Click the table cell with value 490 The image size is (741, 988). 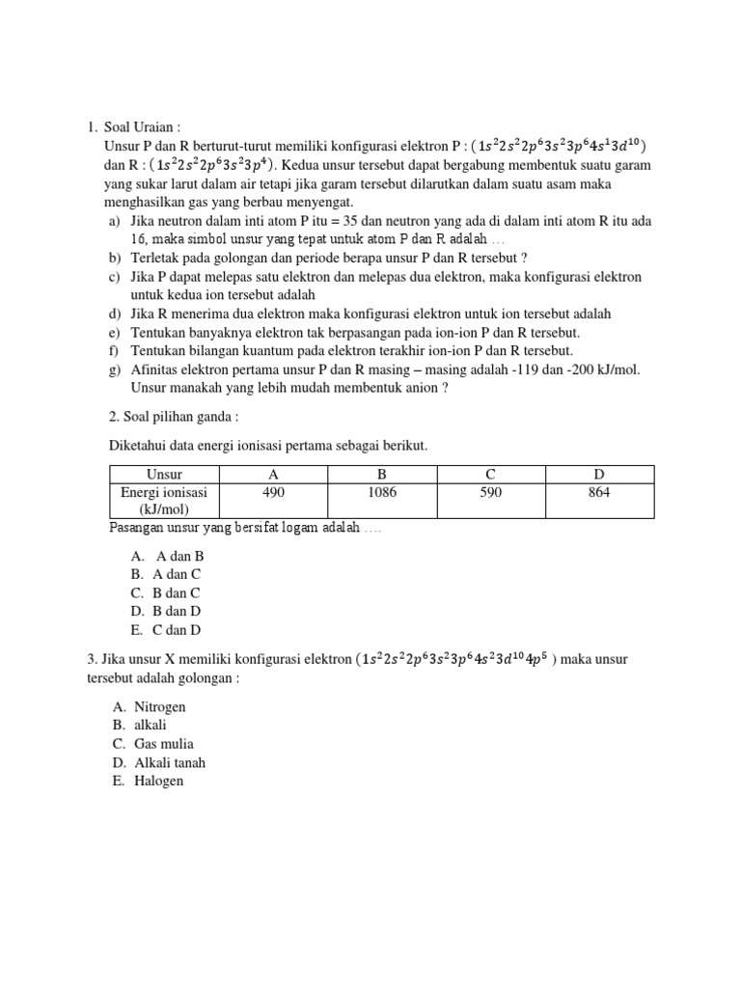click(x=273, y=492)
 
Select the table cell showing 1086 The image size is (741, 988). click(x=382, y=492)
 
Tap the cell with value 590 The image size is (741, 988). click(x=491, y=492)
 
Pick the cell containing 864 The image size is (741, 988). click(x=599, y=492)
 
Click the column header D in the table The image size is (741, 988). click(x=599, y=474)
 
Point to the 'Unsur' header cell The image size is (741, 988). click(x=164, y=474)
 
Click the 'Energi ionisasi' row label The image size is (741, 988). click(x=164, y=500)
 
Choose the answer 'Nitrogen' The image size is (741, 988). click(x=160, y=707)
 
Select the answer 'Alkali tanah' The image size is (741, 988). click(x=170, y=762)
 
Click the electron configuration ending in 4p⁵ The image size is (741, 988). click(x=455, y=660)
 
